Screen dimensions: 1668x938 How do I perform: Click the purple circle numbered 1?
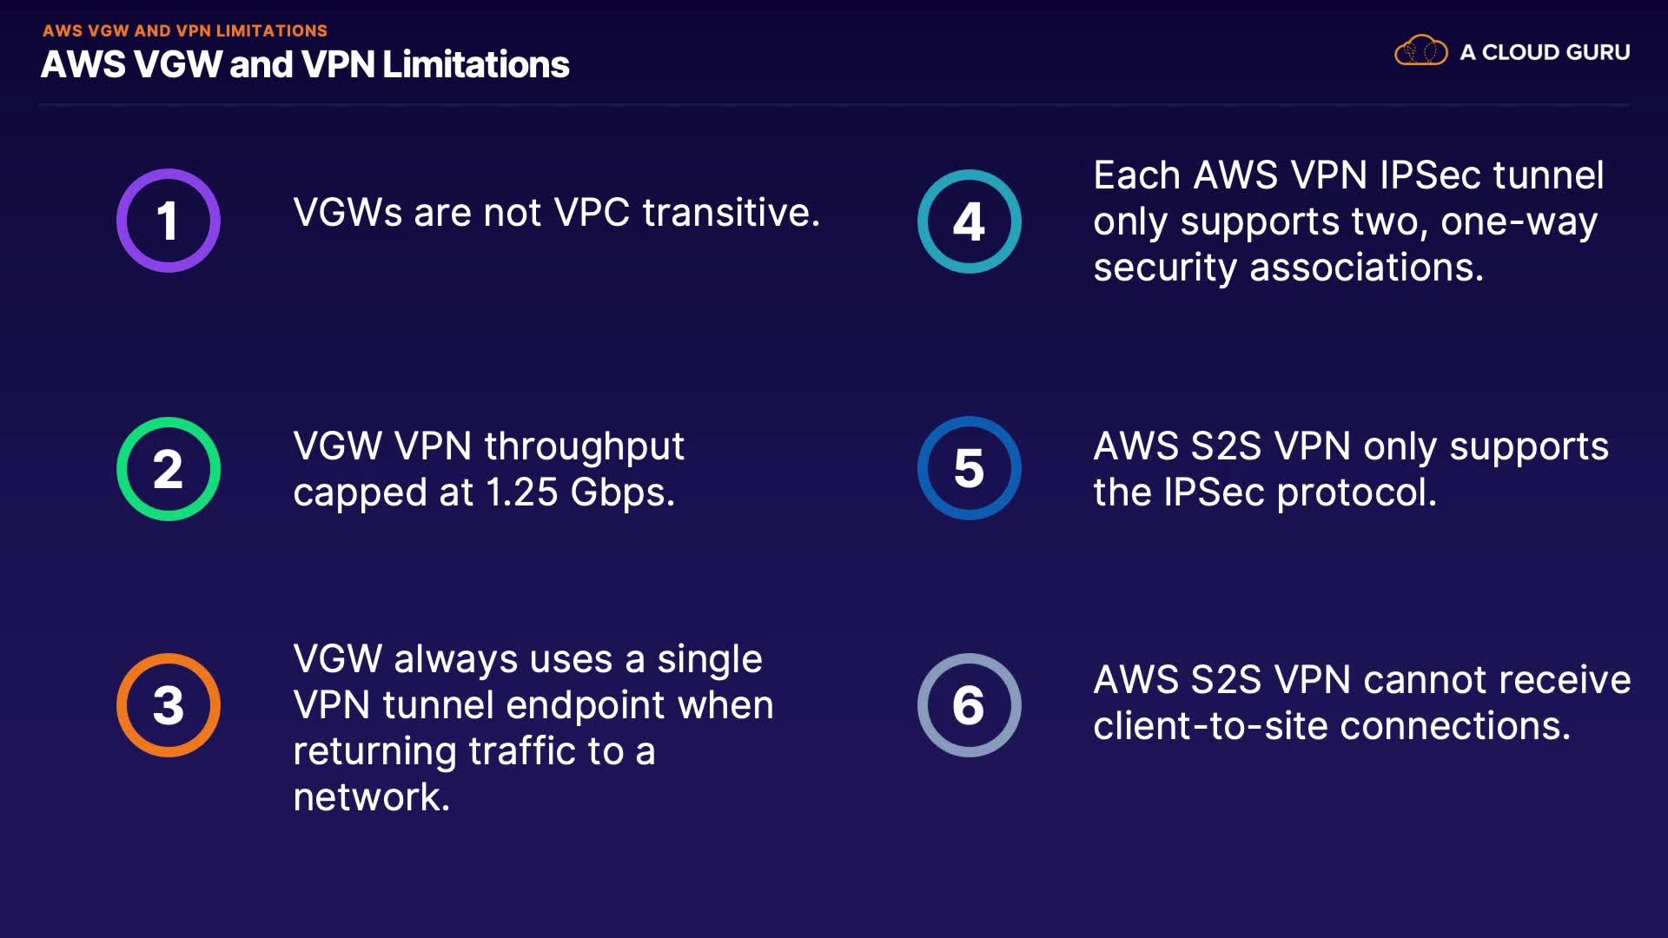tap(169, 221)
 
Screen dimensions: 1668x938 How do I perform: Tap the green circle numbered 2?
tap(169, 469)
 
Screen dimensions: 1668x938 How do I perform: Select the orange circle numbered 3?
tap(169, 705)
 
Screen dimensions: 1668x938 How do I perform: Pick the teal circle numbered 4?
tap(969, 221)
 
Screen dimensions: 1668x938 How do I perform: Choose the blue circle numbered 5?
tap(969, 468)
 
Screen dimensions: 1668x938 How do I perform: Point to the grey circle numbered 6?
tap(969, 705)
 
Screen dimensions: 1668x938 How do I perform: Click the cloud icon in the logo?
tap(1420, 51)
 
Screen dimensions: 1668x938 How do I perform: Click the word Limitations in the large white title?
tap(476, 64)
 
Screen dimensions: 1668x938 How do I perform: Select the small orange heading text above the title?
tap(185, 30)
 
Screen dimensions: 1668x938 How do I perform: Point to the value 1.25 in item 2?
tap(521, 492)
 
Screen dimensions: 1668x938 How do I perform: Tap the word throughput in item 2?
tap(584, 447)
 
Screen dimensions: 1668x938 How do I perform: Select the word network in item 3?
tap(370, 797)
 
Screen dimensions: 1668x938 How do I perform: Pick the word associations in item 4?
tap(1366, 268)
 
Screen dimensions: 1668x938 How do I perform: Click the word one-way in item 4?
tap(1519, 222)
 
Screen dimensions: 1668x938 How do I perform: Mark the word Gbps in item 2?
tap(621, 493)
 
